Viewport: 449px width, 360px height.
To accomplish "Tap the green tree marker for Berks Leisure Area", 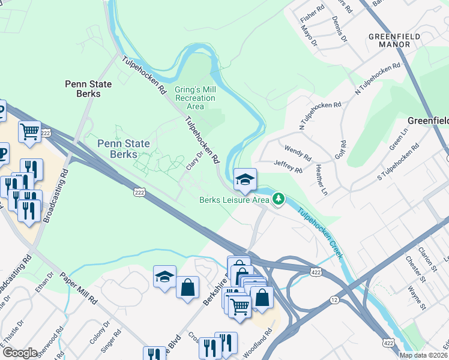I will point(278,199).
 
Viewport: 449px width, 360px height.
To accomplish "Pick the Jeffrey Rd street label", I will point(288,166).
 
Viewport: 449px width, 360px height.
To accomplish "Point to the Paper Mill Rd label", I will point(78,289).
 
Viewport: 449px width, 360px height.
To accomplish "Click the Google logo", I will point(20,353).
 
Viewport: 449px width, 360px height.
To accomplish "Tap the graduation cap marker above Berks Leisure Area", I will point(245,179).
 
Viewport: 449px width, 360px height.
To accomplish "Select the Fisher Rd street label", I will point(312,10).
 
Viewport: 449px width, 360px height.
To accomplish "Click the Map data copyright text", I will point(424,355).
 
